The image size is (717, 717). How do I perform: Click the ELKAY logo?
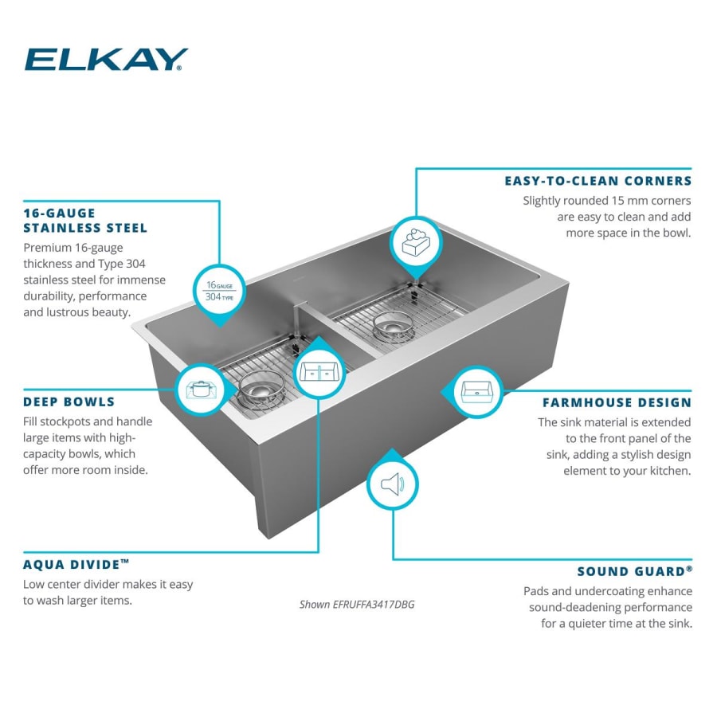tap(106, 60)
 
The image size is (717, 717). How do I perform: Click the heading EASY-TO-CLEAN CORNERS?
tap(597, 181)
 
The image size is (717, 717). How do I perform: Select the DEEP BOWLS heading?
tap(69, 402)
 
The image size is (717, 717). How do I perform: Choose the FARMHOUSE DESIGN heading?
tap(617, 403)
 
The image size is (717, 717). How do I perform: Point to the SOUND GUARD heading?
tap(634, 571)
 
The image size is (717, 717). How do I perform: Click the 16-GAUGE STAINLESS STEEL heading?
tap(85, 221)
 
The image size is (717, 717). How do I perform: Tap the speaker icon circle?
tap(392, 484)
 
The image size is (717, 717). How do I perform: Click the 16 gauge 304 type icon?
tap(220, 290)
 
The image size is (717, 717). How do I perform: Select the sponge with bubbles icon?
tap(415, 241)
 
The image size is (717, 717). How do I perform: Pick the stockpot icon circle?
tap(199, 390)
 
